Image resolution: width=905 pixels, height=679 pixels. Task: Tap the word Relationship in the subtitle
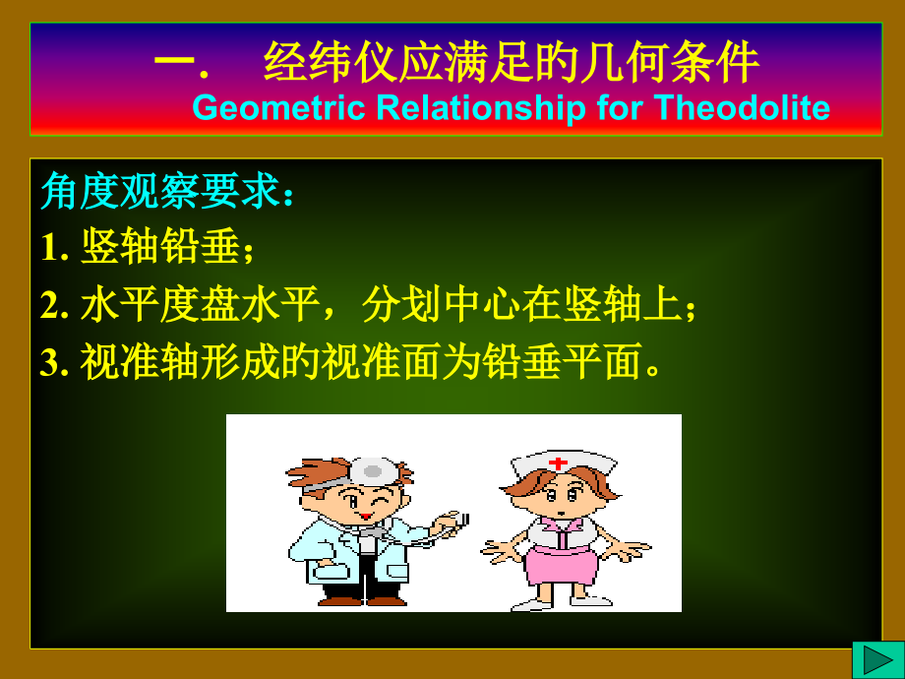(481, 106)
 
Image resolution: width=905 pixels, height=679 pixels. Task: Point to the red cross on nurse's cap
(558, 462)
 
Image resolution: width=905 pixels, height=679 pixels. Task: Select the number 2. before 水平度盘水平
(54, 307)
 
